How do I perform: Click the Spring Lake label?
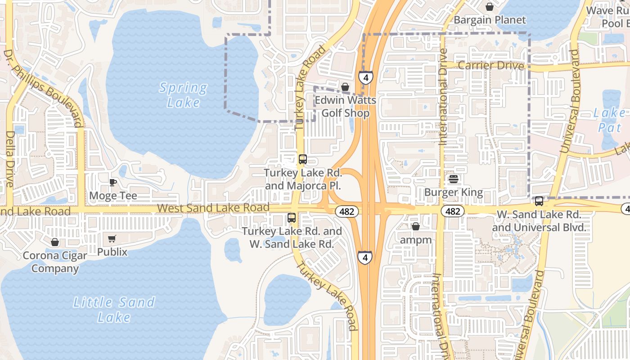coord(183,94)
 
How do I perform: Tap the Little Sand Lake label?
coord(114,309)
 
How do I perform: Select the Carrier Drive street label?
coord(491,66)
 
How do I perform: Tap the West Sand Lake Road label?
coord(213,208)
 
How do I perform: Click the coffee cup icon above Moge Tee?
coord(113,182)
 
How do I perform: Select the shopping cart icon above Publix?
coord(112,238)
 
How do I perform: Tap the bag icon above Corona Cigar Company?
coord(55,242)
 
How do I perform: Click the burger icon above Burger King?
coord(453,179)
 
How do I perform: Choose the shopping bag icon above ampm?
coord(416,226)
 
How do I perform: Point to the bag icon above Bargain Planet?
coord(489,7)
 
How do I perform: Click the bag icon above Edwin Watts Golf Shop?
coord(345,87)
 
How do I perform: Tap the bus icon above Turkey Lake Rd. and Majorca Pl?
coord(303,159)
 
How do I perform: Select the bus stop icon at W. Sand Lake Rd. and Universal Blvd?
coord(539,201)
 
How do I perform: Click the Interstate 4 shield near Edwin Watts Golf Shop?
coord(366,78)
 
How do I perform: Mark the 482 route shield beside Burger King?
coord(453,211)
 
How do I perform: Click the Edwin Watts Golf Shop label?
coord(345,106)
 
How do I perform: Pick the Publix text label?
coord(112,252)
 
